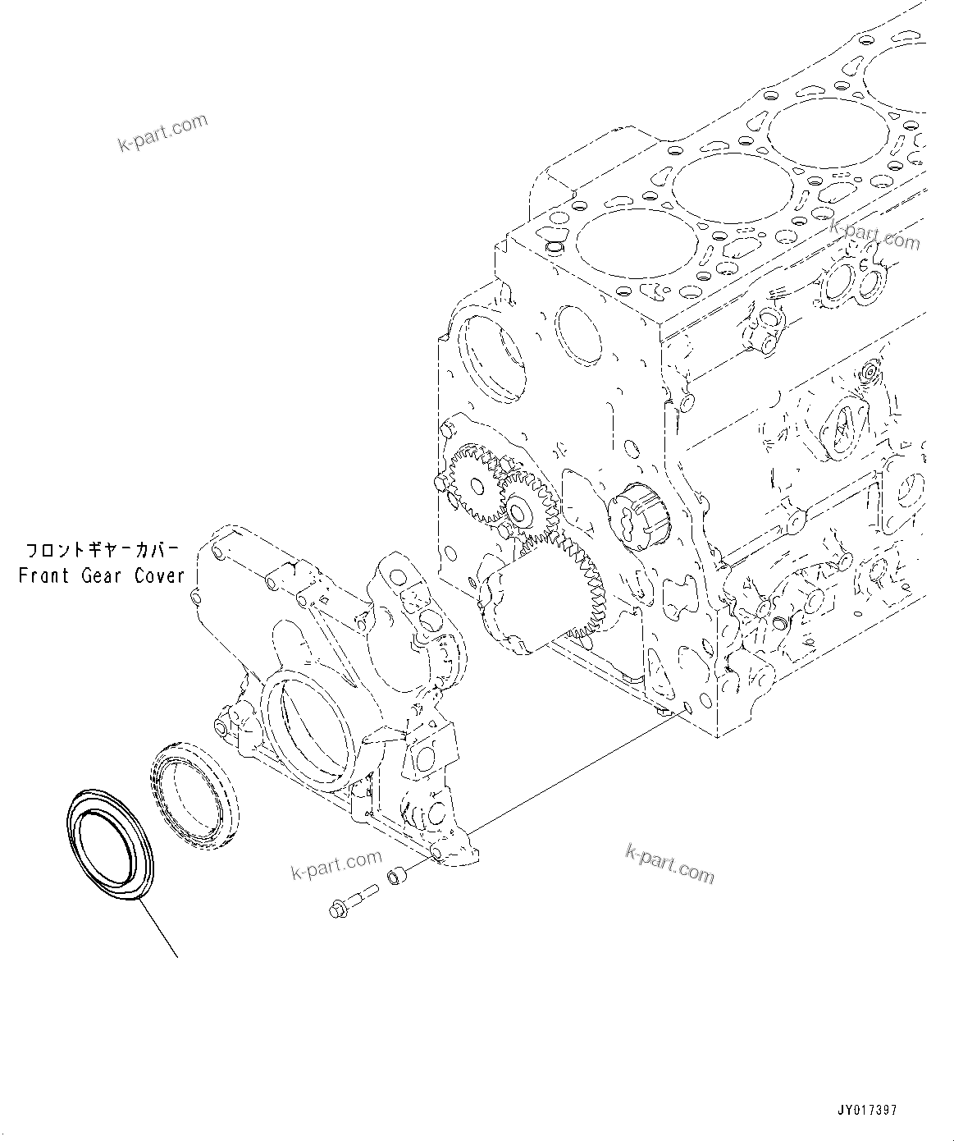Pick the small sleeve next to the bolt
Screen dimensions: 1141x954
coord(396,877)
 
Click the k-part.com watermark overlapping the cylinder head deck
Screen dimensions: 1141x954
coord(874,234)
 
